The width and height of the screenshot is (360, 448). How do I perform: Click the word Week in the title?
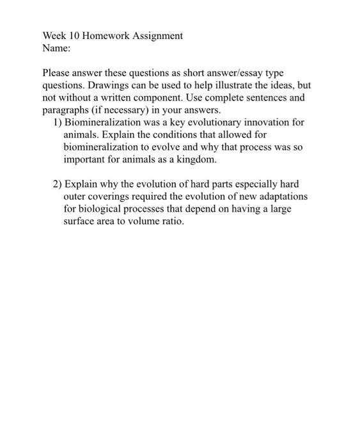point(54,36)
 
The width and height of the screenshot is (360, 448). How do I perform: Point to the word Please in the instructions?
point(58,74)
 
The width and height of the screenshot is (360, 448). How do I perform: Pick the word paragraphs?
point(68,110)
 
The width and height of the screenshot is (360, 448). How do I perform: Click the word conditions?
point(154,134)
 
